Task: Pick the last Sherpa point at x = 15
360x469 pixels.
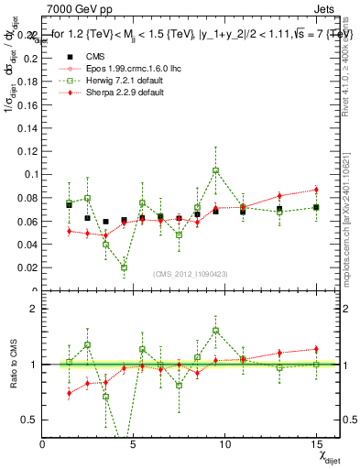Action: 316,190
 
